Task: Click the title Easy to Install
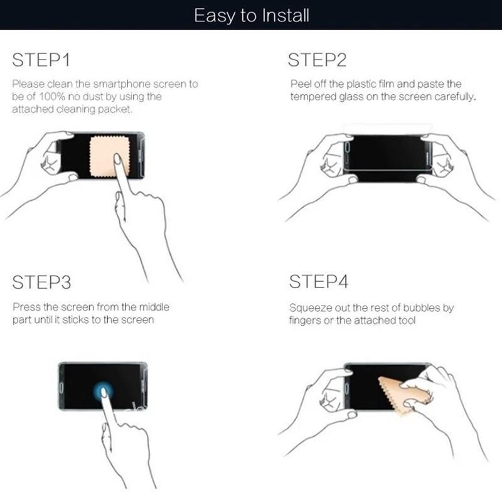click(x=252, y=16)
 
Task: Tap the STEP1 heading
click(x=41, y=60)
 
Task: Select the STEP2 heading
click(x=317, y=60)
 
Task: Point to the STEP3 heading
click(x=41, y=282)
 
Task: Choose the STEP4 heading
click(x=319, y=281)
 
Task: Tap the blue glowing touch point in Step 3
click(x=103, y=391)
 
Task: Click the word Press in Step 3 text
click(x=26, y=307)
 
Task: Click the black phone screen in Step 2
click(x=387, y=159)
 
